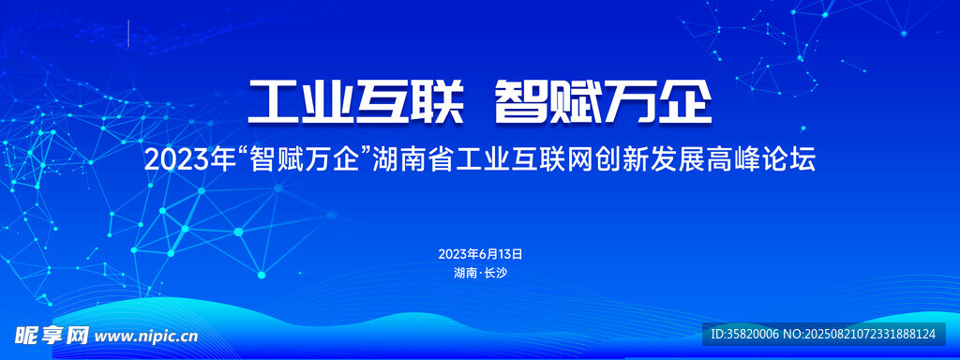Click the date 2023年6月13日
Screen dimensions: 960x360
pyautogui.click(x=480, y=254)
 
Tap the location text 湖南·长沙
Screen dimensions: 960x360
pyautogui.click(x=481, y=274)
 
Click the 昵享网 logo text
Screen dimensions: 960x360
pyautogui.click(x=52, y=336)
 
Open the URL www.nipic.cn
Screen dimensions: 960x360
pyautogui.click(x=147, y=337)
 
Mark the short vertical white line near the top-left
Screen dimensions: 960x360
pyautogui.click(x=128, y=33)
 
